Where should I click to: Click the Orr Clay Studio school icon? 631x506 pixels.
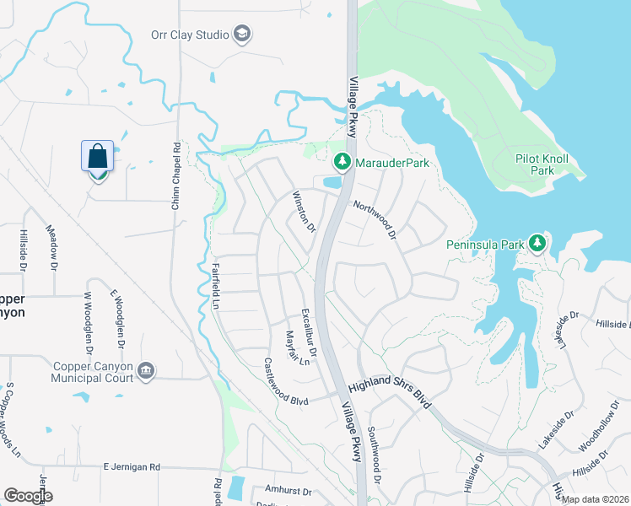pyautogui.click(x=243, y=35)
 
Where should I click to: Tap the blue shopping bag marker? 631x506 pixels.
pyautogui.click(x=98, y=158)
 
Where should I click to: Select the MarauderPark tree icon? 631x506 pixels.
pyautogui.click(x=342, y=160)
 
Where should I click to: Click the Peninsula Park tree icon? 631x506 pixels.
pyautogui.click(x=537, y=244)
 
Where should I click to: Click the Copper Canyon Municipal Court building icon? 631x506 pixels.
pyautogui.click(x=147, y=371)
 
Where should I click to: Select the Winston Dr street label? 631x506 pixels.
pyautogui.click(x=303, y=213)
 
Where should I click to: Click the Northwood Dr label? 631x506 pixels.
pyautogui.click(x=375, y=218)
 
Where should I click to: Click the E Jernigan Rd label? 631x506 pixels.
pyautogui.click(x=132, y=466)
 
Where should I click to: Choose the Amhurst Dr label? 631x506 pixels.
pyautogui.click(x=289, y=491)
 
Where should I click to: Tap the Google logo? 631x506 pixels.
pyautogui.click(x=28, y=495)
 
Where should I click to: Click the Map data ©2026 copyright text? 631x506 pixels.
pyautogui.click(x=595, y=499)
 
